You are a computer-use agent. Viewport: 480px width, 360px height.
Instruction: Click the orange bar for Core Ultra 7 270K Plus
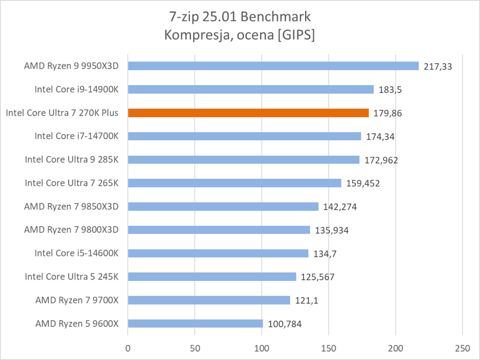[x=248, y=113]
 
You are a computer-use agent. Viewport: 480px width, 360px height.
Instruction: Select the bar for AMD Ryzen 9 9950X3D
[x=273, y=66]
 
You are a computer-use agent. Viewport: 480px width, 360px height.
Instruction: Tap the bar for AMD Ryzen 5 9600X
[x=195, y=324]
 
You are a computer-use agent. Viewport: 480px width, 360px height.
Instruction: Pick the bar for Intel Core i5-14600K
[x=218, y=253]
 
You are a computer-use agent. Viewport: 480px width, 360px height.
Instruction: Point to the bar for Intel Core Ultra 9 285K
[x=244, y=159]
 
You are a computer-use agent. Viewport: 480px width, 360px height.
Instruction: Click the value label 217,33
[x=438, y=67]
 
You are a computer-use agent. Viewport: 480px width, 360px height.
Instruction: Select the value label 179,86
[x=387, y=113]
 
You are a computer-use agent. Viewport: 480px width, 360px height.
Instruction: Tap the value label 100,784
[x=285, y=324]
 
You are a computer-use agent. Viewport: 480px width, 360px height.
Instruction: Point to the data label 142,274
[x=340, y=207]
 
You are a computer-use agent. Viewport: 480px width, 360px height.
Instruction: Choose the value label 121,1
[x=306, y=300]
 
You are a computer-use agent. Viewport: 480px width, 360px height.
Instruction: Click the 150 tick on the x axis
[x=329, y=348]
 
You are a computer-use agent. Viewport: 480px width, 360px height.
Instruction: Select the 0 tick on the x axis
[x=128, y=348]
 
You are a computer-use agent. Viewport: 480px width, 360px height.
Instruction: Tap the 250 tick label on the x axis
[x=462, y=348]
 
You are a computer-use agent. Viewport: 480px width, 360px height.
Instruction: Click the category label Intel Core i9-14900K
[x=77, y=89]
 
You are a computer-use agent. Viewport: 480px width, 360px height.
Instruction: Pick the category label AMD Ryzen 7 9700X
[x=77, y=300]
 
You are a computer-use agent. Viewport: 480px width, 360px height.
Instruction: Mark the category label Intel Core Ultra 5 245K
[x=72, y=276]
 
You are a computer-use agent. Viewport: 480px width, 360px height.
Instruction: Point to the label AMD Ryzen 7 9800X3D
[x=71, y=230]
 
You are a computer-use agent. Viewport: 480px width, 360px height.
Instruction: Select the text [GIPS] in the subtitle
[x=296, y=35]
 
